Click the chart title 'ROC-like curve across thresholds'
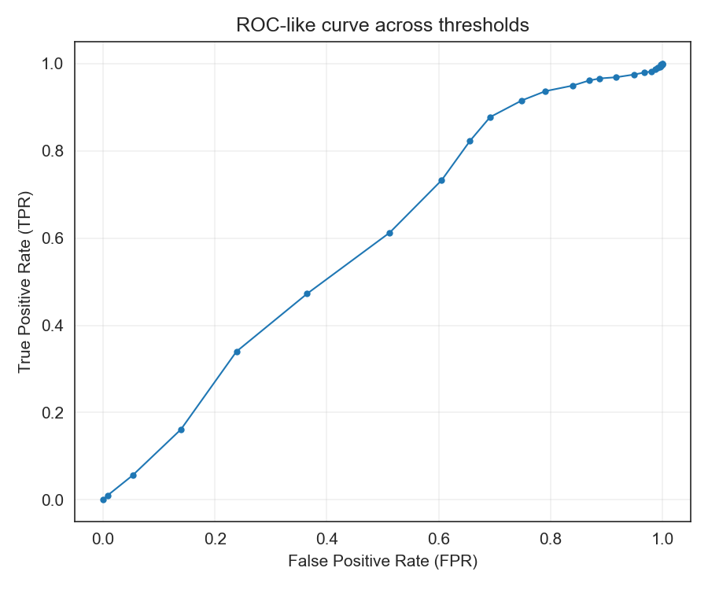[382, 25]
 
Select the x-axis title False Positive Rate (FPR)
[382, 562]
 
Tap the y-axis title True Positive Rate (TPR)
[25, 281]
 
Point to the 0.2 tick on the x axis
[215, 540]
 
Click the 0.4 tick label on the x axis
[326, 540]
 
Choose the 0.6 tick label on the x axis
[438, 540]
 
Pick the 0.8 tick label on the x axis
[550, 540]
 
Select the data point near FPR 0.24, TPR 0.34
[237, 352]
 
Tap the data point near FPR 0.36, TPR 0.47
[307, 293]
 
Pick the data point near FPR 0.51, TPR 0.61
[389, 233]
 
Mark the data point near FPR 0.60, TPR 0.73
[441, 180]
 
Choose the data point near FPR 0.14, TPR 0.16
[181, 430]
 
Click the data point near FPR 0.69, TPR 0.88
[490, 117]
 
